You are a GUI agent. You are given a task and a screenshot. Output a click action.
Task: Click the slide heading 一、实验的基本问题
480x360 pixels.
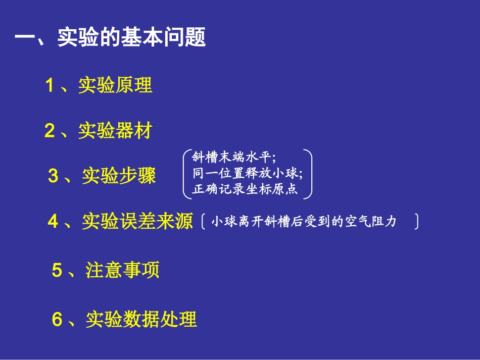coord(111,38)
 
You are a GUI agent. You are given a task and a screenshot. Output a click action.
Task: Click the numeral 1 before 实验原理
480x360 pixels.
coord(50,85)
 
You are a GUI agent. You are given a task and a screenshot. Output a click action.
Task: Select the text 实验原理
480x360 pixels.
coord(115,85)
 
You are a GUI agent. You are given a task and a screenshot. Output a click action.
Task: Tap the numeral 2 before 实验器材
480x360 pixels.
coord(50,131)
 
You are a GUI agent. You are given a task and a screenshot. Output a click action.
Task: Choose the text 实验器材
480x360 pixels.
coord(115,131)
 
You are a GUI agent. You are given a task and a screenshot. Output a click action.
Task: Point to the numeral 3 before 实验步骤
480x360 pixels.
coord(53,176)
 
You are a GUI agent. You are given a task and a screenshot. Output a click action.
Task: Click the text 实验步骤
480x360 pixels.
coord(119,176)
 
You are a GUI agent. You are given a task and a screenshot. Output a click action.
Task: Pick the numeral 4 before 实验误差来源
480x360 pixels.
coord(53,222)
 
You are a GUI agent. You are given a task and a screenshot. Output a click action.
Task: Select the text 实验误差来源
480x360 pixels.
coord(137,222)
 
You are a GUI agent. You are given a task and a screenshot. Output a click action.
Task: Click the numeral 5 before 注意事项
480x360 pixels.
coord(57,270)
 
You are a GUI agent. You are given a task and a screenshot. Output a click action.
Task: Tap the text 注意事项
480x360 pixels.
coord(122,270)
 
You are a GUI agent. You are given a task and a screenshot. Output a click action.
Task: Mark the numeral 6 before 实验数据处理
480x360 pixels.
coord(57,319)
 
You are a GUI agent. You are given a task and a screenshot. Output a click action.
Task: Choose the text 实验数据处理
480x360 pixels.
coord(141,319)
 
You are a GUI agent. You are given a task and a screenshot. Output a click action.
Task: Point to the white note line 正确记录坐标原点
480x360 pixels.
coord(245,190)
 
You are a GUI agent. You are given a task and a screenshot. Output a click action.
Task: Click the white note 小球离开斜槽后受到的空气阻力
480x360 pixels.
coord(304,222)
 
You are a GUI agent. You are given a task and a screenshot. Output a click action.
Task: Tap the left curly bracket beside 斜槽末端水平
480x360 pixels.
coord(185,173)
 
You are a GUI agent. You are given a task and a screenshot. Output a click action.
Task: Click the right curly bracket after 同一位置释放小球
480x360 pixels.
coord(309,173)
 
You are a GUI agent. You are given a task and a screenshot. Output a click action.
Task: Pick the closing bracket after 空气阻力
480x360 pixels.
coord(416,222)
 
